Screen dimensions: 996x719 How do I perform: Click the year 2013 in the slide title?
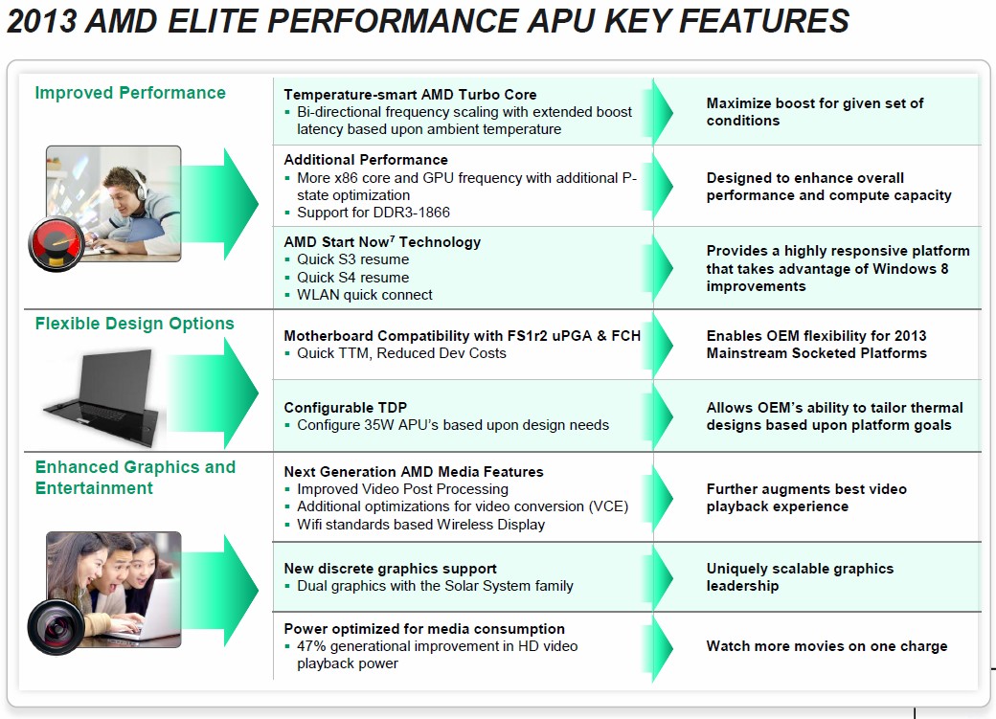coord(41,20)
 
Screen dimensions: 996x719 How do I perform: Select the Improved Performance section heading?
coord(130,93)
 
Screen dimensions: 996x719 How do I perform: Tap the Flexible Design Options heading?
coord(135,324)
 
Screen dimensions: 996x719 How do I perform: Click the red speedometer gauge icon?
coord(57,244)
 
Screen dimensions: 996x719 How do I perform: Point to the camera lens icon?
coord(56,627)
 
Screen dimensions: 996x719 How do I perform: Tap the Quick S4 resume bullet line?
coord(353,278)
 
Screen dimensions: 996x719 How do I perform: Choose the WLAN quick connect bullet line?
coord(365,295)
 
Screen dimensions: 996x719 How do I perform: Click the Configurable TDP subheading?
coord(346,407)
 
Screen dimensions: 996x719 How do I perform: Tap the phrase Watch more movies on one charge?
coord(827,646)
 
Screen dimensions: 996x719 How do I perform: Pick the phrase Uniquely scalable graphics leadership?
coord(801,576)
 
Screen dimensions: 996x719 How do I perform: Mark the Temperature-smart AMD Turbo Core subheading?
coord(410,94)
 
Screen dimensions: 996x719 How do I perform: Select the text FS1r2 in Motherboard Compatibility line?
coord(528,335)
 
